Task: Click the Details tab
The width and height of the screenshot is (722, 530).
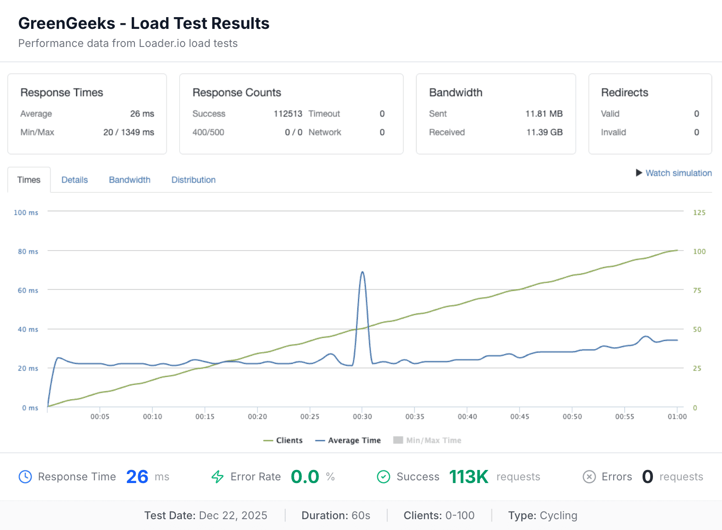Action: (x=74, y=180)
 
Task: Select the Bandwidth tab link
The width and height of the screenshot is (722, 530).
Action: (x=130, y=180)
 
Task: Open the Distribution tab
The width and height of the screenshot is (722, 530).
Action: (x=193, y=180)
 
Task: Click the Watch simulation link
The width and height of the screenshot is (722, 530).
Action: (x=678, y=173)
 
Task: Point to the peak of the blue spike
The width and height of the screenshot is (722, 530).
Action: (x=362, y=272)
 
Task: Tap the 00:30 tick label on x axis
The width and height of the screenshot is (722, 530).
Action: (x=362, y=416)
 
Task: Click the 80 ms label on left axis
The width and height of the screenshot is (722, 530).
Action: (x=28, y=251)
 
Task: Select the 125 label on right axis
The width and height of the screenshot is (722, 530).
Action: (x=699, y=213)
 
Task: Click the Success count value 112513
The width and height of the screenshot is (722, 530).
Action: (x=288, y=114)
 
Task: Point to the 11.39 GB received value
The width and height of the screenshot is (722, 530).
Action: (x=544, y=132)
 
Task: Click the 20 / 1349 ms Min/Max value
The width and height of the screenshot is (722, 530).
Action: (x=129, y=132)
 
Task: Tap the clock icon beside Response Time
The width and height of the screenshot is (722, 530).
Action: (x=25, y=477)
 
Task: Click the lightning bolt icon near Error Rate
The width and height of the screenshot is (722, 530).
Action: (x=218, y=477)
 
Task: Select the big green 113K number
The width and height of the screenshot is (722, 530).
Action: (x=468, y=477)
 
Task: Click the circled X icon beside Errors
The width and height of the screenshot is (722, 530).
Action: (x=589, y=477)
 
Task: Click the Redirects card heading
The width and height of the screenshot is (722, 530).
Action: (x=625, y=93)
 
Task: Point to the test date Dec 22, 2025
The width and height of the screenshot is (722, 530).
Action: (x=233, y=516)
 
